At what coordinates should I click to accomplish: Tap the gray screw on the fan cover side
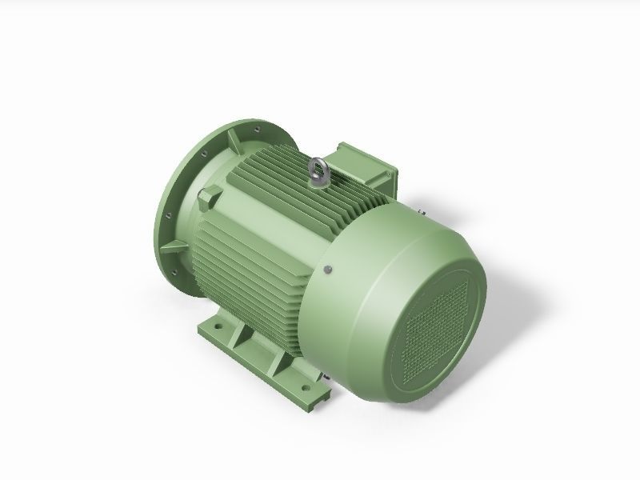(328, 270)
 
